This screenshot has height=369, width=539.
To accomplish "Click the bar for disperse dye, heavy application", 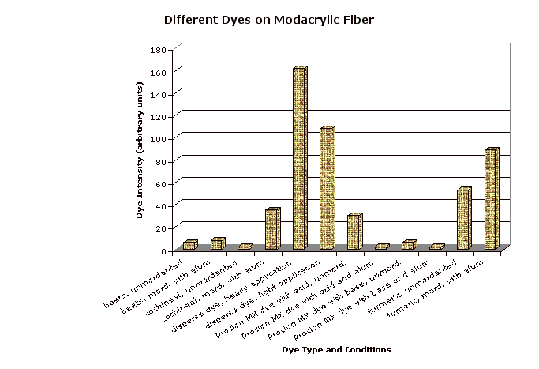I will click(x=299, y=159).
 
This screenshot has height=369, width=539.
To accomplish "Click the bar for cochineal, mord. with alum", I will click(x=271, y=229).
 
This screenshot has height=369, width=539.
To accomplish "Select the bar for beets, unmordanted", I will click(x=189, y=245).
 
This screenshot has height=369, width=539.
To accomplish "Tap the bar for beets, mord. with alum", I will click(x=217, y=243).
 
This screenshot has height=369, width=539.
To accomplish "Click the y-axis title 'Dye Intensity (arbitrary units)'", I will click(x=140, y=151).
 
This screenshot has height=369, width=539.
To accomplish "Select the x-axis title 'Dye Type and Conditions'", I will click(x=336, y=349).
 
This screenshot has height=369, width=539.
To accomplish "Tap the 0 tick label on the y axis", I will click(x=163, y=250).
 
